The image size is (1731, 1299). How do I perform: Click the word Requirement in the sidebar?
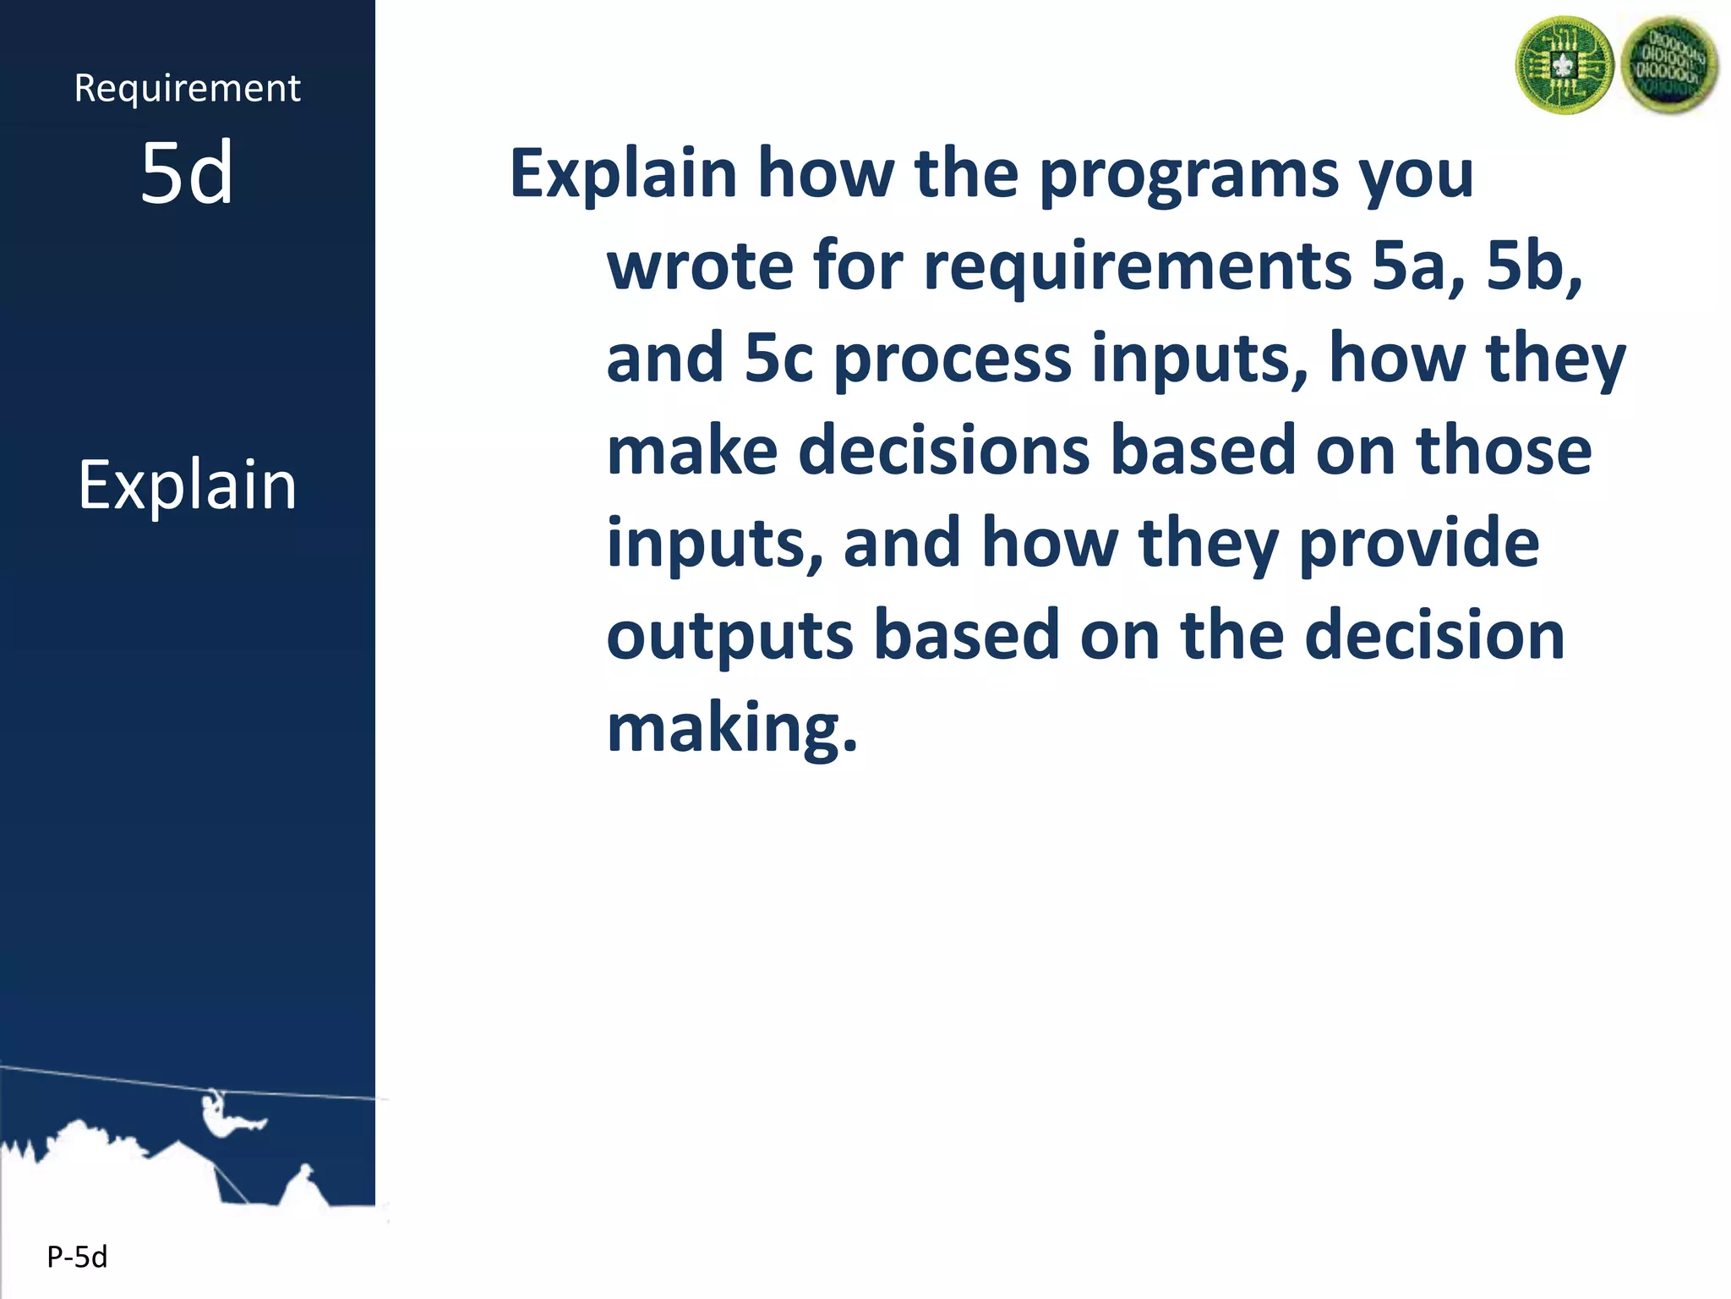pyautogui.click(x=187, y=89)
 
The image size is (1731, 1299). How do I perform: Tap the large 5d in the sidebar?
pyautogui.click(x=187, y=173)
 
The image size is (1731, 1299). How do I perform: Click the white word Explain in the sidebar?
pyautogui.click(x=187, y=485)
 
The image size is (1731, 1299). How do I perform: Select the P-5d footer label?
pyautogui.click(x=77, y=1258)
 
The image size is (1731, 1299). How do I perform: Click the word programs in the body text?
pyautogui.click(x=1188, y=173)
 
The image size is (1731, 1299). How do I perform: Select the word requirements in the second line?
pyautogui.click(x=1137, y=266)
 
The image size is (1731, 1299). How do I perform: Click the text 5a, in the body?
pyautogui.click(x=1418, y=266)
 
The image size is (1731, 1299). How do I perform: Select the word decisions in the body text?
pyautogui.click(x=943, y=450)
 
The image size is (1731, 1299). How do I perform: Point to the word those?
pyautogui.click(x=1504, y=450)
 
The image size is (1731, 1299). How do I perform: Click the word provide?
pyautogui.click(x=1418, y=544)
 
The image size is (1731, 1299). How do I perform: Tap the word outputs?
pyautogui.click(x=729, y=636)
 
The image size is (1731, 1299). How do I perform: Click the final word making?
pyautogui.click(x=732, y=728)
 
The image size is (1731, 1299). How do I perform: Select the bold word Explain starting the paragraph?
pyautogui.click(x=623, y=173)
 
